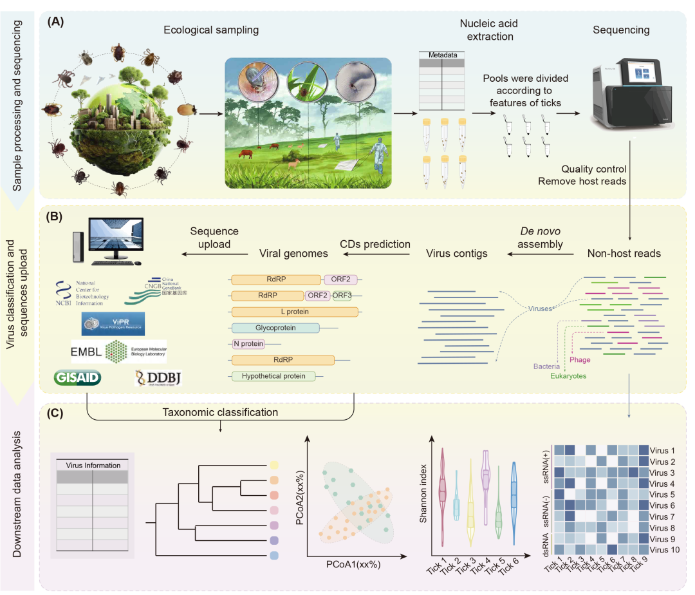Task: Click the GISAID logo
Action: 79,377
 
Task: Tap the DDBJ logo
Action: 158,378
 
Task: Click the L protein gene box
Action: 295,312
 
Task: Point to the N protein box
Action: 248,344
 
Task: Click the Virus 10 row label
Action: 663,550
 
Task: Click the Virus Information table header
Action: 93,465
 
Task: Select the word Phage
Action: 580,359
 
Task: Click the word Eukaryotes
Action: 568,375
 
